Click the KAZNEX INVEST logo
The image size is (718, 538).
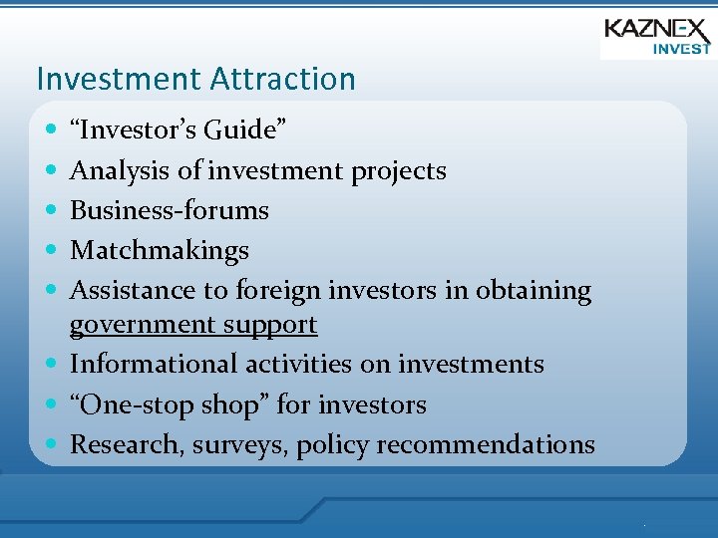pyautogui.click(x=656, y=36)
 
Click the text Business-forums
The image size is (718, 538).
pyautogui.click(x=170, y=210)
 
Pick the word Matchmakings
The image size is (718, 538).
pyautogui.click(x=160, y=251)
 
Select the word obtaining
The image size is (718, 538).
pyautogui.click(x=533, y=290)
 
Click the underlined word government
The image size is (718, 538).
pyautogui.click(x=140, y=325)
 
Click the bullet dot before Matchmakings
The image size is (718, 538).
pyautogui.click(x=51, y=251)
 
